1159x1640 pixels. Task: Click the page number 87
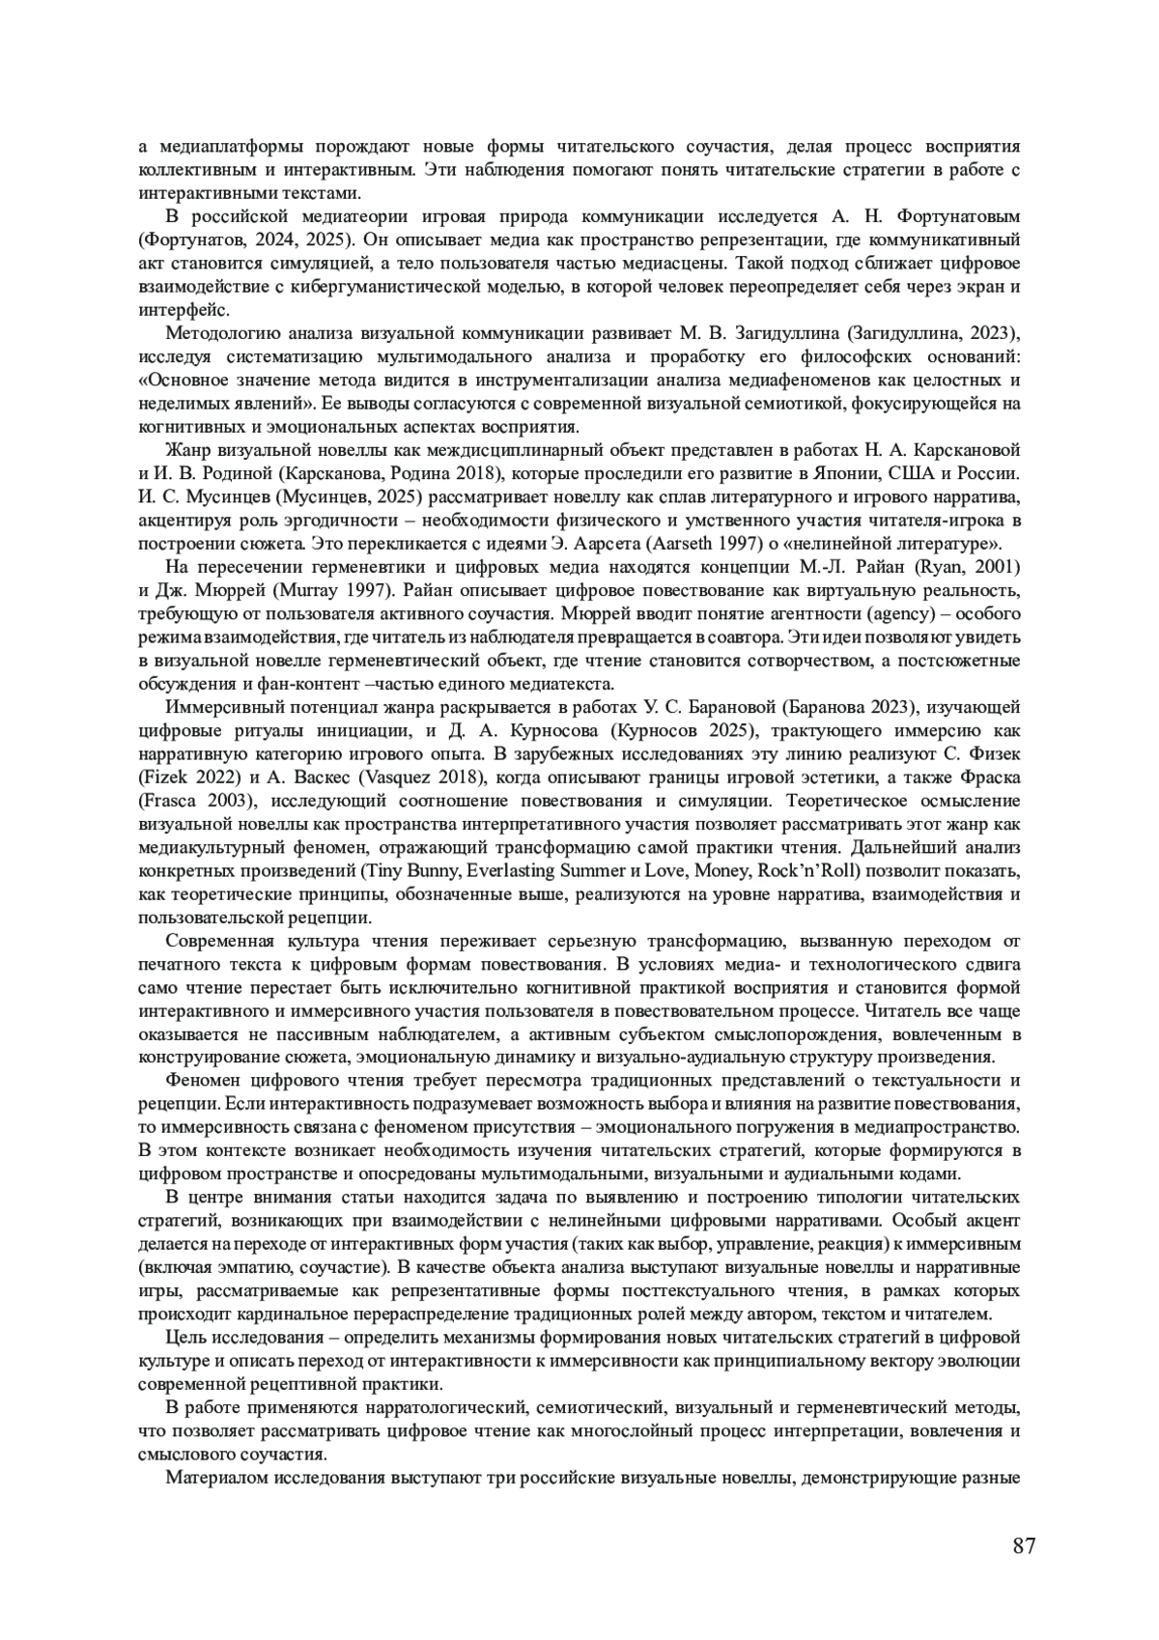coord(1025,1546)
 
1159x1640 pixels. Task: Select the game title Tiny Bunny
coord(397,870)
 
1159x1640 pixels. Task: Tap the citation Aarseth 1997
coord(749,544)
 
